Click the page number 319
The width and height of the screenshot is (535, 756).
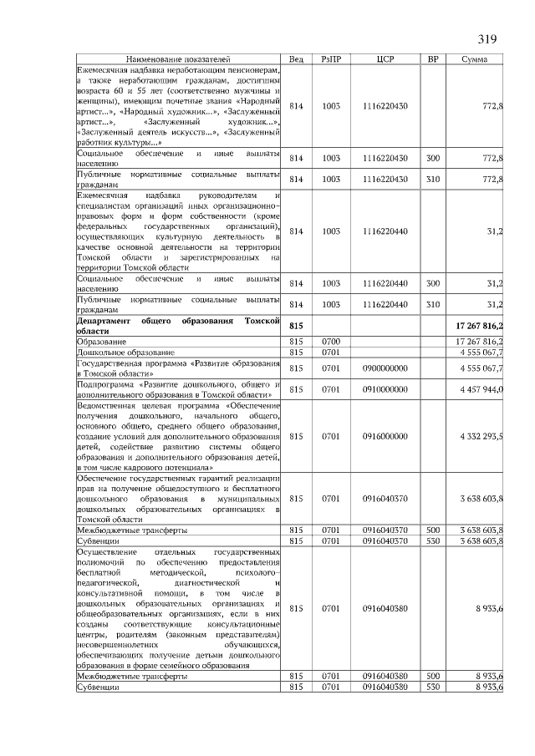(x=487, y=39)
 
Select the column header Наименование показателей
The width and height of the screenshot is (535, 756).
(x=177, y=59)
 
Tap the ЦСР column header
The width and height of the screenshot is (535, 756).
(x=385, y=59)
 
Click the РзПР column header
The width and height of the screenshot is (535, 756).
(x=331, y=59)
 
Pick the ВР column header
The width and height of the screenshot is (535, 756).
(x=433, y=59)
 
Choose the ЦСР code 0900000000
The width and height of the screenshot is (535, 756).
(x=385, y=368)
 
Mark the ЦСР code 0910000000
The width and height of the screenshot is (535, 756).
(x=385, y=389)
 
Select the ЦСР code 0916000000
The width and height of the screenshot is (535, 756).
(x=385, y=436)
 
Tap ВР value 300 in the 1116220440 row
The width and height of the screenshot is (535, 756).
(x=433, y=284)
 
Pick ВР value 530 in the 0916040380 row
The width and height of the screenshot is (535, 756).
(x=433, y=686)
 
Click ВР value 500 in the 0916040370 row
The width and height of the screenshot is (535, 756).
(x=433, y=530)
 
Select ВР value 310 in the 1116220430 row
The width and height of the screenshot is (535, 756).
(x=433, y=180)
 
